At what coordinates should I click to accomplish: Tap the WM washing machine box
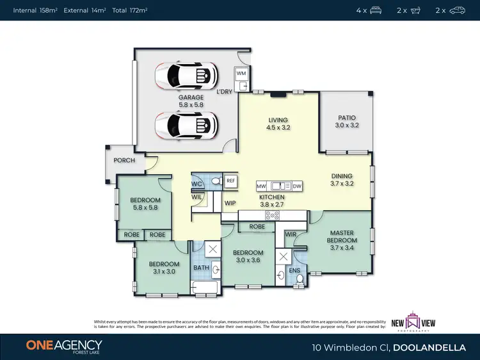(241, 74)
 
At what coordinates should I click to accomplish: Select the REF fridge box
(230, 181)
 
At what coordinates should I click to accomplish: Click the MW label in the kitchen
(261, 186)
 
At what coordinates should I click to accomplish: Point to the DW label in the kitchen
(296, 186)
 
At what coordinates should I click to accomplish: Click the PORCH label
(124, 160)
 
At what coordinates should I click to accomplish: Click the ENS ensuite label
(294, 271)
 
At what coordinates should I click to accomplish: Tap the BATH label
(202, 268)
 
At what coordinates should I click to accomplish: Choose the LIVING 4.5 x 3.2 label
(278, 124)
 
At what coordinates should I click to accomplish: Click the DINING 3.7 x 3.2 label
(342, 180)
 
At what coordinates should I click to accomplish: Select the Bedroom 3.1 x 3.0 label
(163, 268)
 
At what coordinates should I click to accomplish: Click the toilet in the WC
(216, 182)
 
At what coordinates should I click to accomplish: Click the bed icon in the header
(376, 10)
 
